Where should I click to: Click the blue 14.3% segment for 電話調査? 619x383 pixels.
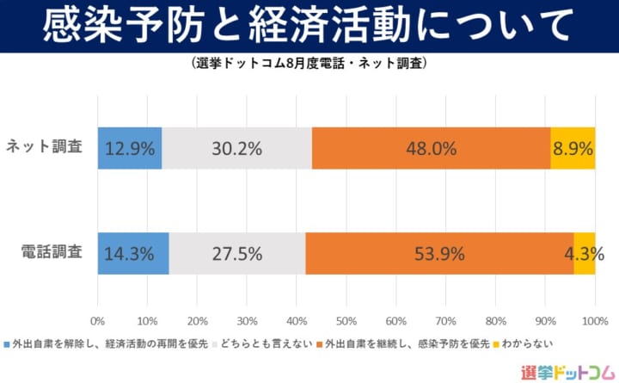(x=133, y=254)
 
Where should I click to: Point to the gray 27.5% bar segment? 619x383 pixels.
(x=237, y=254)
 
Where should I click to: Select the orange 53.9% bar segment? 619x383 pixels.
(x=439, y=254)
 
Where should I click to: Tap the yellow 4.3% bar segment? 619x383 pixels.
(x=585, y=254)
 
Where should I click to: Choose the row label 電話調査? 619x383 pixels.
(x=52, y=254)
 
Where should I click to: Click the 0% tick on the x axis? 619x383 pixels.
(x=98, y=321)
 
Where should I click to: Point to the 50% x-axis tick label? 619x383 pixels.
(x=346, y=321)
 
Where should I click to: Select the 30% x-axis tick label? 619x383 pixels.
(x=247, y=321)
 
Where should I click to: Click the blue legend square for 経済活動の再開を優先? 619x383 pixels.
(x=8, y=343)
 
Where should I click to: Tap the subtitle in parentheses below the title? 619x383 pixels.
(x=309, y=64)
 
